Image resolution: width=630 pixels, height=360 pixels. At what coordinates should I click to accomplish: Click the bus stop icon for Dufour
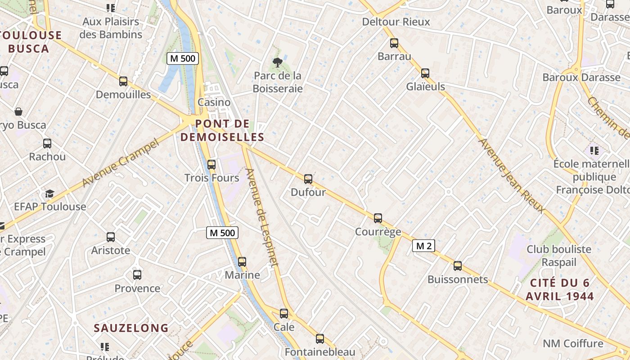coord(308,179)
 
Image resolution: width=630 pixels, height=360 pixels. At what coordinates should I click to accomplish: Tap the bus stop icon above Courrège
coord(378,218)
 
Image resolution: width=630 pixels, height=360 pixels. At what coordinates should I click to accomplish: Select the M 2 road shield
coord(423,246)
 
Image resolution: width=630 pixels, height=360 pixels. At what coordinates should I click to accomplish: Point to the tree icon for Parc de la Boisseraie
coord(277,63)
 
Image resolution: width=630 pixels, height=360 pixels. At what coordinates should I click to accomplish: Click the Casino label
coord(214,102)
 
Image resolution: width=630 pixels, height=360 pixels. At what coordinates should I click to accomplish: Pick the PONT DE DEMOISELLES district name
coord(222,130)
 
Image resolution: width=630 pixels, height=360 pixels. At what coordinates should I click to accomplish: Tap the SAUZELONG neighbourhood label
coord(131,328)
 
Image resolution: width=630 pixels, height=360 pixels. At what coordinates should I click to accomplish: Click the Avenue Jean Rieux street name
coord(512,176)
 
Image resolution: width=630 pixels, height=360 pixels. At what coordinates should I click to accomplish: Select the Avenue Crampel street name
coord(121,163)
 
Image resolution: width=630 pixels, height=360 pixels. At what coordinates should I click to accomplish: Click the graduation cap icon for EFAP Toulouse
coord(49,194)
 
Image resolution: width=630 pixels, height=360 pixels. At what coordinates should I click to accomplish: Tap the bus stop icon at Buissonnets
coord(458,266)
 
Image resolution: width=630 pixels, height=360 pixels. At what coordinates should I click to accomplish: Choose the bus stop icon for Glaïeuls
coord(425,73)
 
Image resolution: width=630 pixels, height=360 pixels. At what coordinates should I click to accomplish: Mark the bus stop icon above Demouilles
coord(123,81)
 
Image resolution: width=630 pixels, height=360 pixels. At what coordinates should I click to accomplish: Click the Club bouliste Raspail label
coord(559,256)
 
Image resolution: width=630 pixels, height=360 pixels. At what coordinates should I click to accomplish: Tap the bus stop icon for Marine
coord(242,262)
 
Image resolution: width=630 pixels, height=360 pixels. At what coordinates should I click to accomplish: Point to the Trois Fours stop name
coord(212,178)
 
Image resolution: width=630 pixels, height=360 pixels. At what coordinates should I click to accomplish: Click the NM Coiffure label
coord(572,343)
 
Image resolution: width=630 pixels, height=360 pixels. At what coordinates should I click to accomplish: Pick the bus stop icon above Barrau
coord(394,43)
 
